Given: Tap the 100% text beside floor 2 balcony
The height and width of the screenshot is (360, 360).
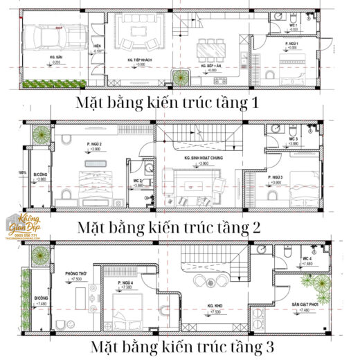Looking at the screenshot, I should click(x=22, y=172).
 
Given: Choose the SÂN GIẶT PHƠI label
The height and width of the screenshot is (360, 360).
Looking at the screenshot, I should click(x=306, y=306).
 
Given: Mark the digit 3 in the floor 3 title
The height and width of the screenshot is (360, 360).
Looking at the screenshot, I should click(x=268, y=345).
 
